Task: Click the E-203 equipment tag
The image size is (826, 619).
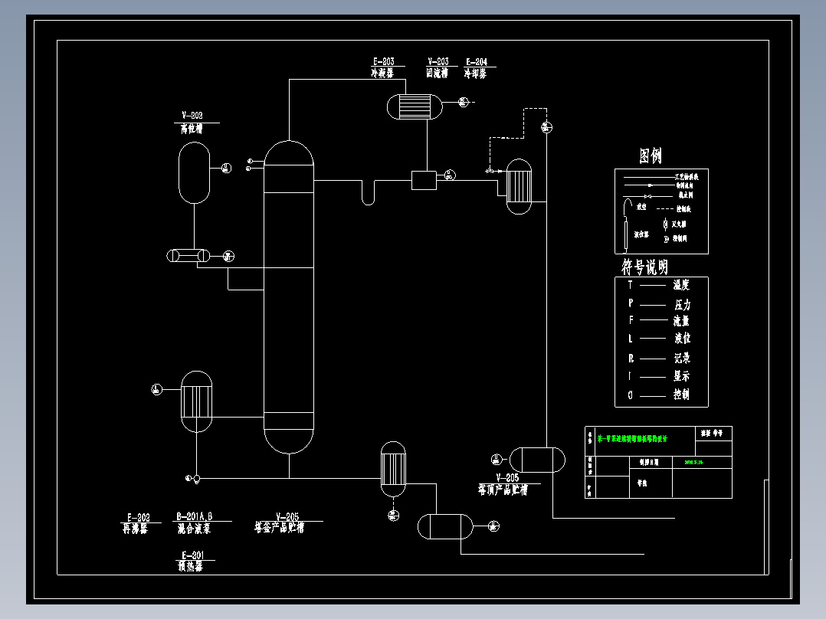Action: pyautogui.click(x=383, y=62)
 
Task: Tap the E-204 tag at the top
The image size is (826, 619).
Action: pyautogui.click(x=475, y=62)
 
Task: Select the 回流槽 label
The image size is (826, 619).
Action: pyautogui.click(x=438, y=74)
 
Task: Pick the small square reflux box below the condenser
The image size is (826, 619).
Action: pyautogui.click(x=423, y=180)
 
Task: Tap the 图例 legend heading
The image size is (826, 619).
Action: pyautogui.click(x=651, y=156)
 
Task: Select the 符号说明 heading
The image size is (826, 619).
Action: pyautogui.click(x=644, y=267)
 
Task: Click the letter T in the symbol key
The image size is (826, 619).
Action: pyautogui.click(x=630, y=285)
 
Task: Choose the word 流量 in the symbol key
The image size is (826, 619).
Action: pyautogui.click(x=681, y=322)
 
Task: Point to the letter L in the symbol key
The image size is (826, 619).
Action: pyautogui.click(x=630, y=339)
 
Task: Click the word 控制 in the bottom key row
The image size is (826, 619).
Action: pyautogui.click(x=681, y=395)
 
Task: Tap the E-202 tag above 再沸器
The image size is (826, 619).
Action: pyautogui.click(x=138, y=516)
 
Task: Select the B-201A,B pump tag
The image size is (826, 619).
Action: pyautogui.click(x=195, y=516)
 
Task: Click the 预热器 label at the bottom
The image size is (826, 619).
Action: pyautogui.click(x=189, y=568)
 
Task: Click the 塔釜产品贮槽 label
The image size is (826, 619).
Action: pyautogui.click(x=280, y=528)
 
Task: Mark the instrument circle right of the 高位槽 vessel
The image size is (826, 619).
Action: pyautogui.click(x=225, y=168)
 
